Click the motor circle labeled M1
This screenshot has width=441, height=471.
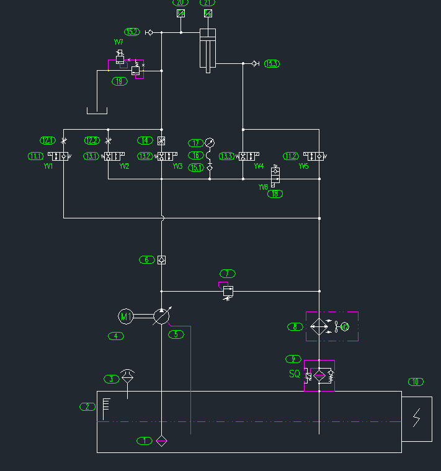(x=126, y=316)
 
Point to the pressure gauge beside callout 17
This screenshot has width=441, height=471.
(x=210, y=143)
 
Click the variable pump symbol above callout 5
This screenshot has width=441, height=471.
(x=161, y=316)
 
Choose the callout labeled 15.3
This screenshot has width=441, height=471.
(x=272, y=63)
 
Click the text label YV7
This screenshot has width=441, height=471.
(x=118, y=42)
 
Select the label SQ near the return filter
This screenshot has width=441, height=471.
(x=295, y=374)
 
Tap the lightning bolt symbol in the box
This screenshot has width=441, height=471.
(x=417, y=418)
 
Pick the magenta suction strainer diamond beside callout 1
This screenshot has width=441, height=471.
(x=161, y=441)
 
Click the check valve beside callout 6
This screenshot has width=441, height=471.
(x=161, y=260)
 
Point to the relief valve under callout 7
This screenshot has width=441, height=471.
(x=228, y=291)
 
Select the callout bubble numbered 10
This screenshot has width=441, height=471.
(x=416, y=382)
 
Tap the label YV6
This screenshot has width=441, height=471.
(x=264, y=187)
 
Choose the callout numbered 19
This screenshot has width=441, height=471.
(x=119, y=81)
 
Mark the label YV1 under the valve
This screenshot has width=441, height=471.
(x=48, y=166)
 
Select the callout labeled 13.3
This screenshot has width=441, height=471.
(x=226, y=156)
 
